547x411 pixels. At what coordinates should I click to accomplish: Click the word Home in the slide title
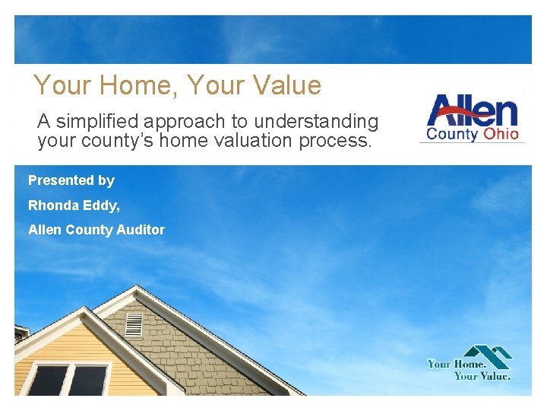(x=123, y=85)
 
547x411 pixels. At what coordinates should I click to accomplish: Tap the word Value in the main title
(x=287, y=85)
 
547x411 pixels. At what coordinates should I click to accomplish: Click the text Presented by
(x=71, y=180)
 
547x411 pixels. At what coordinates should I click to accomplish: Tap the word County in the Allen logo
(x=451, y=134)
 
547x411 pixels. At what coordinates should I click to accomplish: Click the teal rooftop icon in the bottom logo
(x=488, y=355)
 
